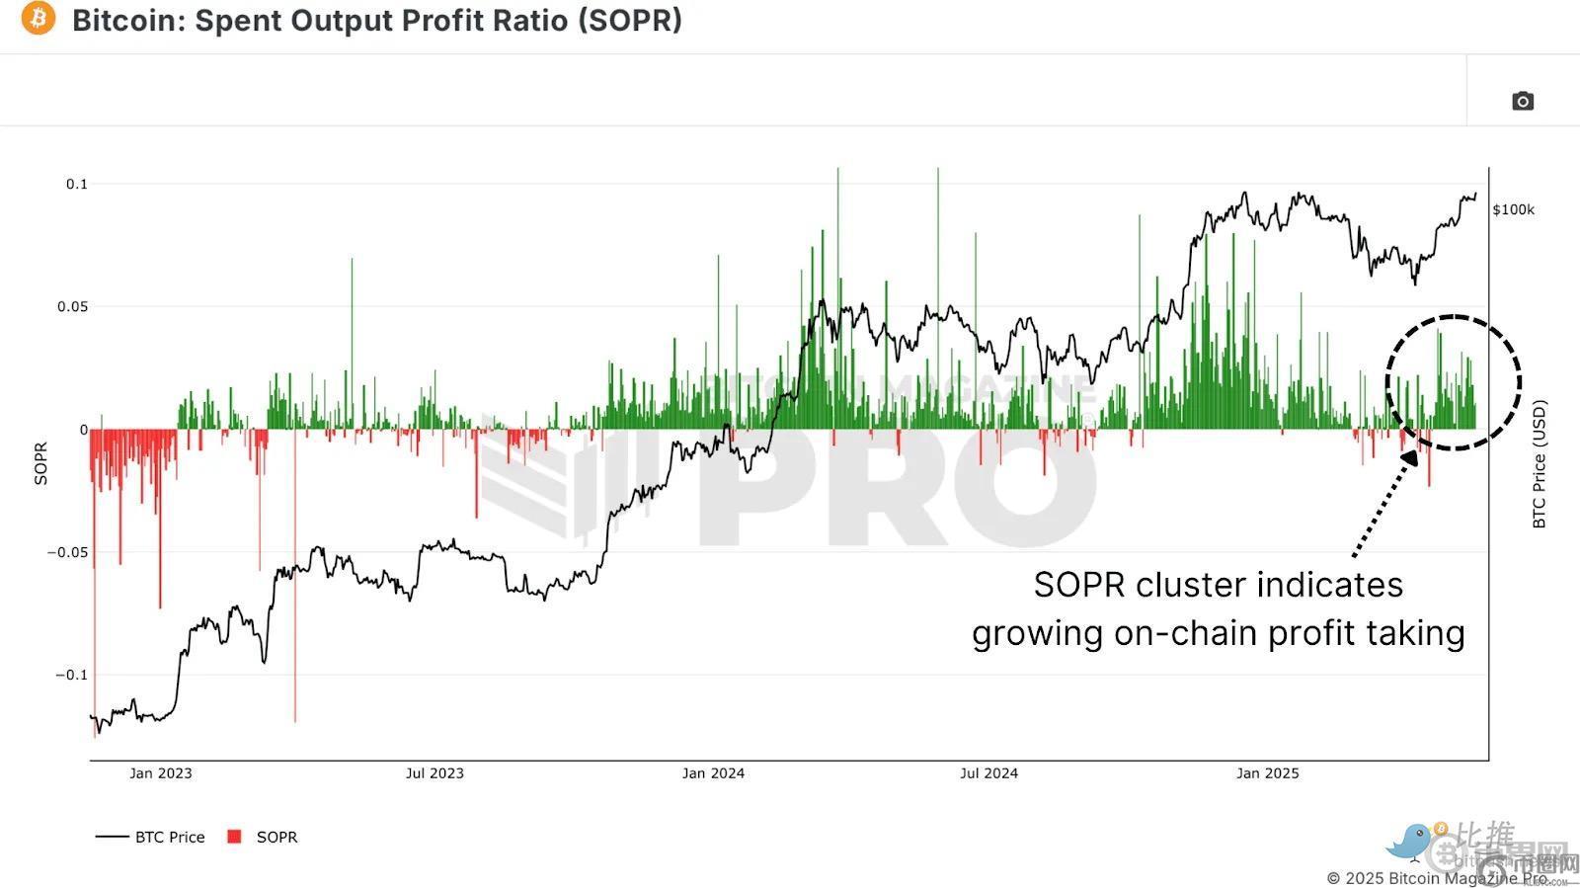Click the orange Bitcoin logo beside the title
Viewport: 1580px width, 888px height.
(x=39, y=18)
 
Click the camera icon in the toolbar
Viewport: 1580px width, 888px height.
(x=1523, y=101)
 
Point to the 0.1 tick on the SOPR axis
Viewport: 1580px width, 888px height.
(x=77, y=184)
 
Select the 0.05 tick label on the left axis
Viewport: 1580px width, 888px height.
(x=72, y=306)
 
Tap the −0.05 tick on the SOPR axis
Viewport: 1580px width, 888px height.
(x=67, y=552)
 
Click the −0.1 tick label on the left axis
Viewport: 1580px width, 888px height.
(x=71, y=675)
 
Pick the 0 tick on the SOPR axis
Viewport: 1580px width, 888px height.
(x=84, y=430)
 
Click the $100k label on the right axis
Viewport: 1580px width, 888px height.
(x=1513, y=209)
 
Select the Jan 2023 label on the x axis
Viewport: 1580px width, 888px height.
(x=161, y=773)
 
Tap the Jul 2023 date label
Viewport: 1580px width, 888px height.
(x=434, y=773)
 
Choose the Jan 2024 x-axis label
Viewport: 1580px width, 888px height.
(x=713, y=773)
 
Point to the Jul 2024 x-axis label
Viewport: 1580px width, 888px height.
(x=988, y=773)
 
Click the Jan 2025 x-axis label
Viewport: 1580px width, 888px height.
(x=1268, y=773)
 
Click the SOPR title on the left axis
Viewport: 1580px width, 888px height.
(x=41, y=464)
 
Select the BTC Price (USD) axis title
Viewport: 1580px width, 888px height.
(x=1540, y=464)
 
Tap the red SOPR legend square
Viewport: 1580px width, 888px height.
(x=234, y=837)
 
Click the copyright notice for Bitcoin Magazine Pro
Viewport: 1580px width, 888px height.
(x=1437, y=878)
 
